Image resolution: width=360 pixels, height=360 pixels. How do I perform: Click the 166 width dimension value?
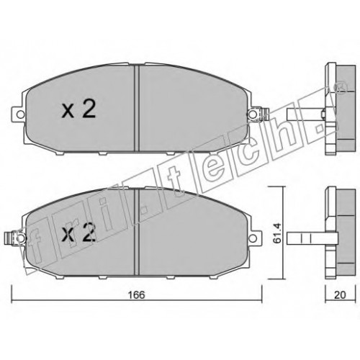tap(136, 295)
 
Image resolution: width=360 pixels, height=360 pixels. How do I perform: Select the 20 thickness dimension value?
tap(340, 295)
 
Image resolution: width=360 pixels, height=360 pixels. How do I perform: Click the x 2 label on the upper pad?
tap(79, 109)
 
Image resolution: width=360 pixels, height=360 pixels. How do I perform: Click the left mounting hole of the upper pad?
tap(21, 114)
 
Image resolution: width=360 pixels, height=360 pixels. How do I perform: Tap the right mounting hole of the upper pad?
tap(252, 114)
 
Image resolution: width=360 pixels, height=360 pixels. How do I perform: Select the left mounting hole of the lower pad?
tap(21, 238)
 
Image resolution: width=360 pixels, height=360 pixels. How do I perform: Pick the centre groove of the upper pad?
tap(137, 109)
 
